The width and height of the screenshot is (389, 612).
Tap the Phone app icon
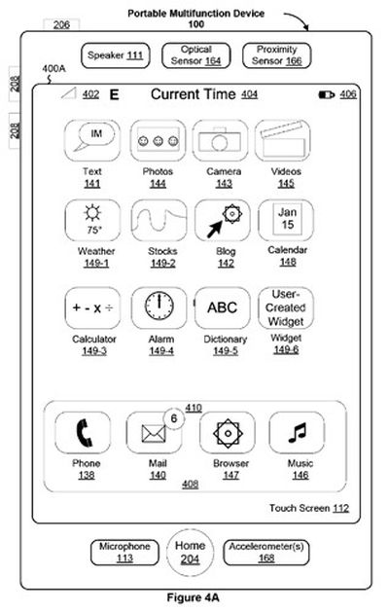83,432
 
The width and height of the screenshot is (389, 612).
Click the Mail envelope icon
154,433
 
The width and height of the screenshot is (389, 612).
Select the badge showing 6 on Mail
174,418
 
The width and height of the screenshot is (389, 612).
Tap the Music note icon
297,432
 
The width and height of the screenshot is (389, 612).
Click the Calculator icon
92,308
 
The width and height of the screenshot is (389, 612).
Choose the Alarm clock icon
159,308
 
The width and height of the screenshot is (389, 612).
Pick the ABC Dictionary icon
222,308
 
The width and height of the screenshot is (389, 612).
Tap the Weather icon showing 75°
92,221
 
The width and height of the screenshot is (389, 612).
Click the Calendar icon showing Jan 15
286,221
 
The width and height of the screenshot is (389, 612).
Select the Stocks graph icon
159,221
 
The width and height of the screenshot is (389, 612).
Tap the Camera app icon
220,140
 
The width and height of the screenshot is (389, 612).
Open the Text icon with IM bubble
92,140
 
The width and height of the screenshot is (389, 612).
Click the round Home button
190,553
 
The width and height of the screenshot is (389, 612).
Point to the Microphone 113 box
124,553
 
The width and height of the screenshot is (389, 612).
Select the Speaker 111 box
116,55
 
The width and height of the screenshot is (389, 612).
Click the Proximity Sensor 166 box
276,55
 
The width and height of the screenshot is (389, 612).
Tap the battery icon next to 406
327,94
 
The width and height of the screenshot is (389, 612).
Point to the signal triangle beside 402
69,93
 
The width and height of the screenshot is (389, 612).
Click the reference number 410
194,408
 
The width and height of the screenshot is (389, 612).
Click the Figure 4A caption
194,597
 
